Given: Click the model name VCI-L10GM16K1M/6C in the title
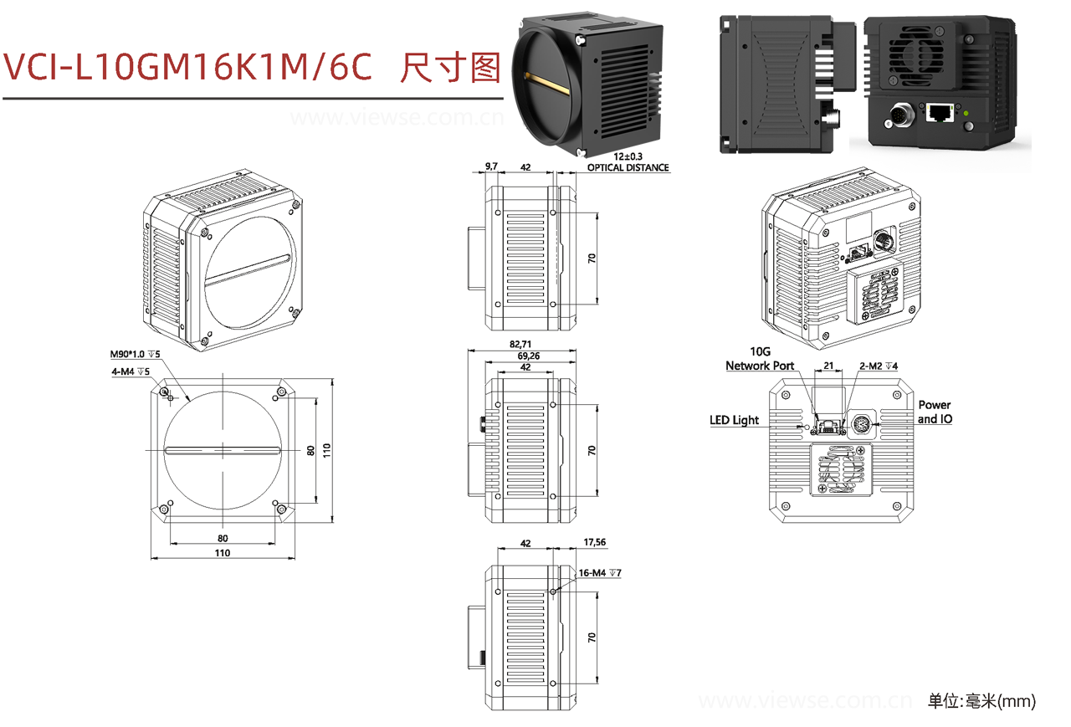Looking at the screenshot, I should pos(188,67).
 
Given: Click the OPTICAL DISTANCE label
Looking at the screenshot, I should pos(628,168).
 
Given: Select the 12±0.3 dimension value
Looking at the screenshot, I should pos(628,157).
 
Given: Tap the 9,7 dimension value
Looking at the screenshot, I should pos(491,167).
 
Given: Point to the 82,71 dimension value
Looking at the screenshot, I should pos(520,344).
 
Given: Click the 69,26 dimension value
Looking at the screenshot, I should pos(525,356).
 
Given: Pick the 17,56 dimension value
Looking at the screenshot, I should pos(593,542).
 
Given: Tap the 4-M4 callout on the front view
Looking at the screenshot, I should pos(130,371).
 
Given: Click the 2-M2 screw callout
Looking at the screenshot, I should pos(879,366).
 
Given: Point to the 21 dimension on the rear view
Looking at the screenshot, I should pos(829,366).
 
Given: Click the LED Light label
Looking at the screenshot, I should pos(735,420).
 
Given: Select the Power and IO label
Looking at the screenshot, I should pos(935,412).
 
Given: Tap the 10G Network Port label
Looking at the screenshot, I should pos(760,360).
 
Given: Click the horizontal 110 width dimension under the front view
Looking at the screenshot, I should pos(222,553).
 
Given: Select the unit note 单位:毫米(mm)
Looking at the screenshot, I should pos(981,701).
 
